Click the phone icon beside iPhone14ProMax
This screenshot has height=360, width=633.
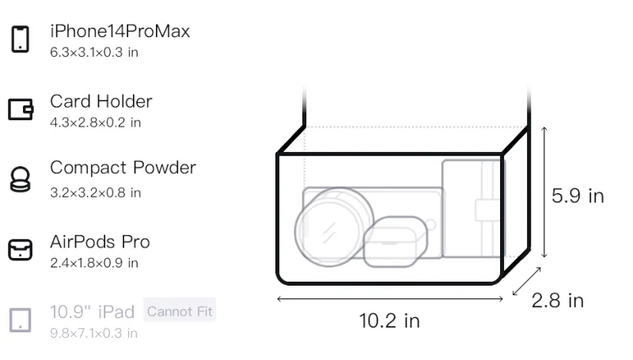click(21, 39)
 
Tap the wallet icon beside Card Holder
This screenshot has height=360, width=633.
click(21, 109)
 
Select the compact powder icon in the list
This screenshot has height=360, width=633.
click(21, 179)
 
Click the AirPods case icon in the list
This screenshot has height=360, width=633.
click(21, 250)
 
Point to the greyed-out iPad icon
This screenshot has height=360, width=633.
click(21, 320)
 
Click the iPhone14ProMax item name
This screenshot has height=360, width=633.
click(120, 31)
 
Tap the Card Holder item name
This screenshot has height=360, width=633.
click(101, 101)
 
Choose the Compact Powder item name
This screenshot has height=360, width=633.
click(123, 168)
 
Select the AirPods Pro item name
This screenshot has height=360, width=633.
click(100, 242)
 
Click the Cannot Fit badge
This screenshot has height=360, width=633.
click(180, 311)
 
